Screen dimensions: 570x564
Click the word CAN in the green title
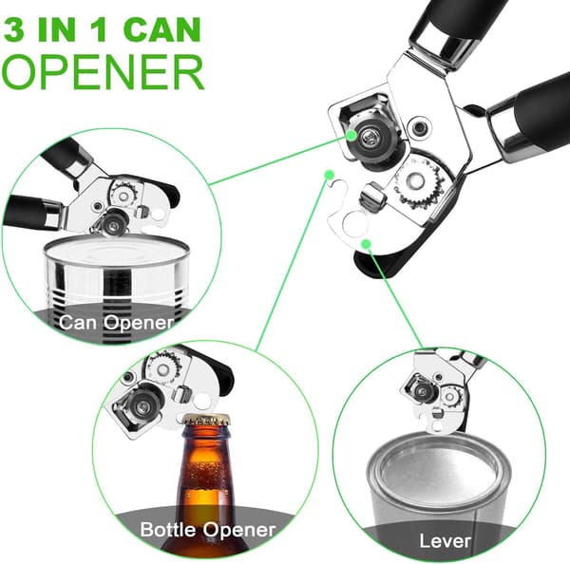162,29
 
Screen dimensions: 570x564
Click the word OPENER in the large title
103,72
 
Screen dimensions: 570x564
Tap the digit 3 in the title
14,29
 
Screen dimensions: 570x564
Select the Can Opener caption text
117,322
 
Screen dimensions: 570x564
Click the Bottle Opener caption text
208,530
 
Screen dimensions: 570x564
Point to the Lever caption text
445,540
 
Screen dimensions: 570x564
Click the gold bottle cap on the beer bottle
206,420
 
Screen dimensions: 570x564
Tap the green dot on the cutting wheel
351,135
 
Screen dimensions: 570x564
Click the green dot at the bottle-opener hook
330,175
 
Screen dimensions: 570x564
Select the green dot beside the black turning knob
367,243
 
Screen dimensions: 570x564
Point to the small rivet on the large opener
420,127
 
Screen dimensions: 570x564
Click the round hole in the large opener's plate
354,224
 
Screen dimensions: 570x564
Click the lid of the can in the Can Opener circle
116,250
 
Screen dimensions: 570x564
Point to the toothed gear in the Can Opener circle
123,194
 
